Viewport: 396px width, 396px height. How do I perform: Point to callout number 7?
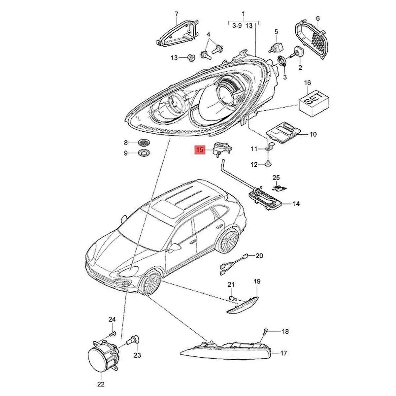click(176, 14)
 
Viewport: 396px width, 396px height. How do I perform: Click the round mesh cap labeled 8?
click(144, 143)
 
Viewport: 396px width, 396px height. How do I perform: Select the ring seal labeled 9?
click(144, 153)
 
